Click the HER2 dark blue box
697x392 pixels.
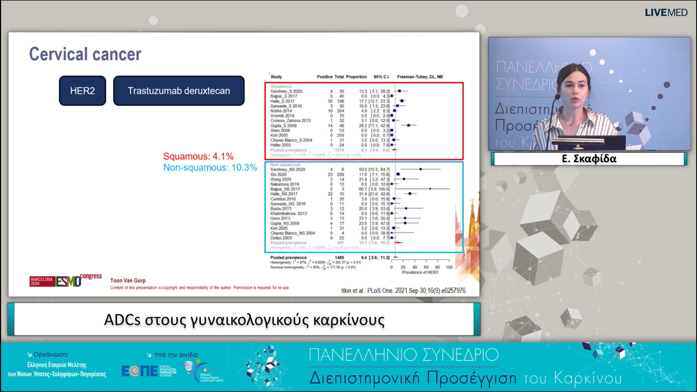point(82,91)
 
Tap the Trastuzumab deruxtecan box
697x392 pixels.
point(179,91)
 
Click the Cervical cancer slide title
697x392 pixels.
point(85,54)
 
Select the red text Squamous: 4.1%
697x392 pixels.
point(198,156)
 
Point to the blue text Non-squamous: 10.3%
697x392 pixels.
point(210,167)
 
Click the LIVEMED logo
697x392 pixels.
point(666,13)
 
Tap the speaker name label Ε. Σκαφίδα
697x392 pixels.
point(589,159)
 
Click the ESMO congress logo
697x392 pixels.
point(66,280)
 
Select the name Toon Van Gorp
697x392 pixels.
point(128,280)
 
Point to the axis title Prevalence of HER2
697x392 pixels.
point(420,272)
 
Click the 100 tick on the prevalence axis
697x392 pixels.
point(449,267)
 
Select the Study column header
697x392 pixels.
point(276,77)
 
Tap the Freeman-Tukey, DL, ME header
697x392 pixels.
point(420,77)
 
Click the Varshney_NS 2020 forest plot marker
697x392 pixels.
point(421,169)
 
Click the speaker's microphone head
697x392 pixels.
point(557,97)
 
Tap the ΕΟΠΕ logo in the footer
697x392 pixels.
point(139,371)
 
